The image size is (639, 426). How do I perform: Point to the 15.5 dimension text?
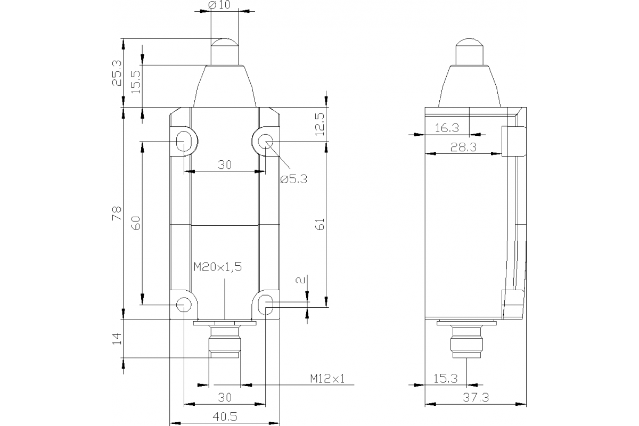[136, 81]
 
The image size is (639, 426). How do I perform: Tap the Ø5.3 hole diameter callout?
[294, 179]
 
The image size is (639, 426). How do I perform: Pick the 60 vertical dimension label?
[136, 223]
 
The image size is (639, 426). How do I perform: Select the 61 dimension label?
[319, 224]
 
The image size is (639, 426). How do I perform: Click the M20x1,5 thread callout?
[217, 268]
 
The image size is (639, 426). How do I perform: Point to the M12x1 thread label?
[328, 379]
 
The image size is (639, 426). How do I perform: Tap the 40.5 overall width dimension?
[225, 417]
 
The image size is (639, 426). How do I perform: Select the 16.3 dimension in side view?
[446, 128]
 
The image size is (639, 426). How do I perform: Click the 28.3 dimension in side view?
[463, 148]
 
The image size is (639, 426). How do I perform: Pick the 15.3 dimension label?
[445, 379]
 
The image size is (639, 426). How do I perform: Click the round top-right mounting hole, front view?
[265, 141]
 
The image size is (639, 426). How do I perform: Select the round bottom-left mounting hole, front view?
[184, 305]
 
